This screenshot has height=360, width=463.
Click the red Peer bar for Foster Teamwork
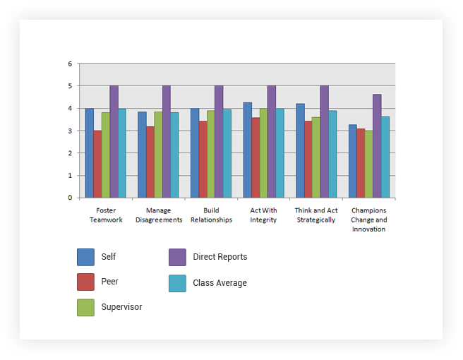click(97, 164)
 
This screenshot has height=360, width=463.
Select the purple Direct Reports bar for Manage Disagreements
click(167, 141)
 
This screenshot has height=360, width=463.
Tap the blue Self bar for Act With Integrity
click(248, 150)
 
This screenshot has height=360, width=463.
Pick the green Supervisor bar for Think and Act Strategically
click(316, 157)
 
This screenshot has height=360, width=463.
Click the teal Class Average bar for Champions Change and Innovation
click(385, 157)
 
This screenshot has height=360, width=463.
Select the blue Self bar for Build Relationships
click(195, 152)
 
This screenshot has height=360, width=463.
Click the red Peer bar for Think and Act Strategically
click(308, 159)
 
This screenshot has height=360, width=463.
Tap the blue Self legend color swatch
click(85, 257)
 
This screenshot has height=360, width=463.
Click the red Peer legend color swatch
click(85, 282)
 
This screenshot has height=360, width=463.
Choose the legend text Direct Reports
click(220, 257)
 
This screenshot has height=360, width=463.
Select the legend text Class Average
click(220, 283)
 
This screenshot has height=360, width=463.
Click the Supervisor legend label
click(121, 307)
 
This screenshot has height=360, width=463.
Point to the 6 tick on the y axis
click(70, 64)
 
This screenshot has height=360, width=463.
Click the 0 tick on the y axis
click(70, 198)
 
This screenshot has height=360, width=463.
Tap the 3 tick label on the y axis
click(70, 131)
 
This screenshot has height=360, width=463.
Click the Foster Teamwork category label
click(106, 215)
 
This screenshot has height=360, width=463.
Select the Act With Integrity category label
click(263, 215)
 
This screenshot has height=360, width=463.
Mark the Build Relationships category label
click(211, 215)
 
